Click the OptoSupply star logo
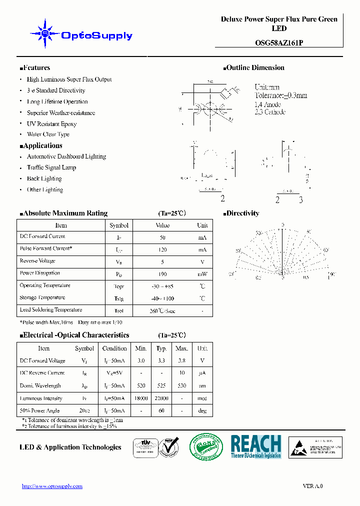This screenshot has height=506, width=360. [x=45, y=34]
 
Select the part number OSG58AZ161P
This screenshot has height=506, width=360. [x=279, y=43]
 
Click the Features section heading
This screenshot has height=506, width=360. [x=35, y=68]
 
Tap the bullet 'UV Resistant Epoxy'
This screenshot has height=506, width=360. [x=51, y=123]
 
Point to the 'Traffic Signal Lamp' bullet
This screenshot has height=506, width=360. [x=51, y=167]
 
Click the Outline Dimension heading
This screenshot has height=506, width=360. [x=255, y=68]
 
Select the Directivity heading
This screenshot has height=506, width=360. [x=242, y=213]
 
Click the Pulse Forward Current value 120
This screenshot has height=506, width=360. [x=162, y=249]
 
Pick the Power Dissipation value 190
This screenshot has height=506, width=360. [x=162, y=274]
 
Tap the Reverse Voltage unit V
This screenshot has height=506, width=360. [x=202, y=261]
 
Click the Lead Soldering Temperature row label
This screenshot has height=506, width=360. [x=51, y=310]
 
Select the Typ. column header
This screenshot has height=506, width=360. [x=161, y=348]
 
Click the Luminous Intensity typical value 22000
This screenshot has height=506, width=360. [x=161, y=398]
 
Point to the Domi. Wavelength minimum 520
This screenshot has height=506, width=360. [x=140, y=386]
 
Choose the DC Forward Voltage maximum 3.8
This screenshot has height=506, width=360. [x=182, y=360]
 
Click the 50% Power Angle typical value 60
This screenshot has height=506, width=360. [x=161, y=411]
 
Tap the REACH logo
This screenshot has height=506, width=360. [x=256, y=446]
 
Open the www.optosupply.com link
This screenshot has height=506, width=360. [x=52, y=486]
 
